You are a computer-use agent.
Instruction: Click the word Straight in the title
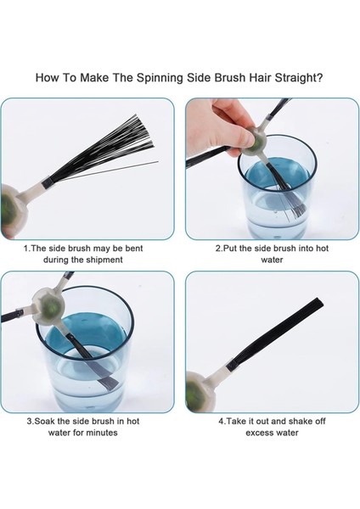click(299, 78)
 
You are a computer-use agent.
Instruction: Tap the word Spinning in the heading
click(160, 78)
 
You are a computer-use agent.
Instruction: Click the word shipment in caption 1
click(104, 260)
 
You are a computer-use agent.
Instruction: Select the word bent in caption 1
click(134, 249)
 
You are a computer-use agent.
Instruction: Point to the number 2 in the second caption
click(218, 249)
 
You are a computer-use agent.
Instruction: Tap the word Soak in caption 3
click(46, 422)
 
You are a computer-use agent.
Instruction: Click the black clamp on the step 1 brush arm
click(46, 182)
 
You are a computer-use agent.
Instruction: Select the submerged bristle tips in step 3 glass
click(109, 383)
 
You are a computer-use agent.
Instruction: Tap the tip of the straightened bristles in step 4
click(318, 302)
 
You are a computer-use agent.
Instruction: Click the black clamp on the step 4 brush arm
click(231, 365)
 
